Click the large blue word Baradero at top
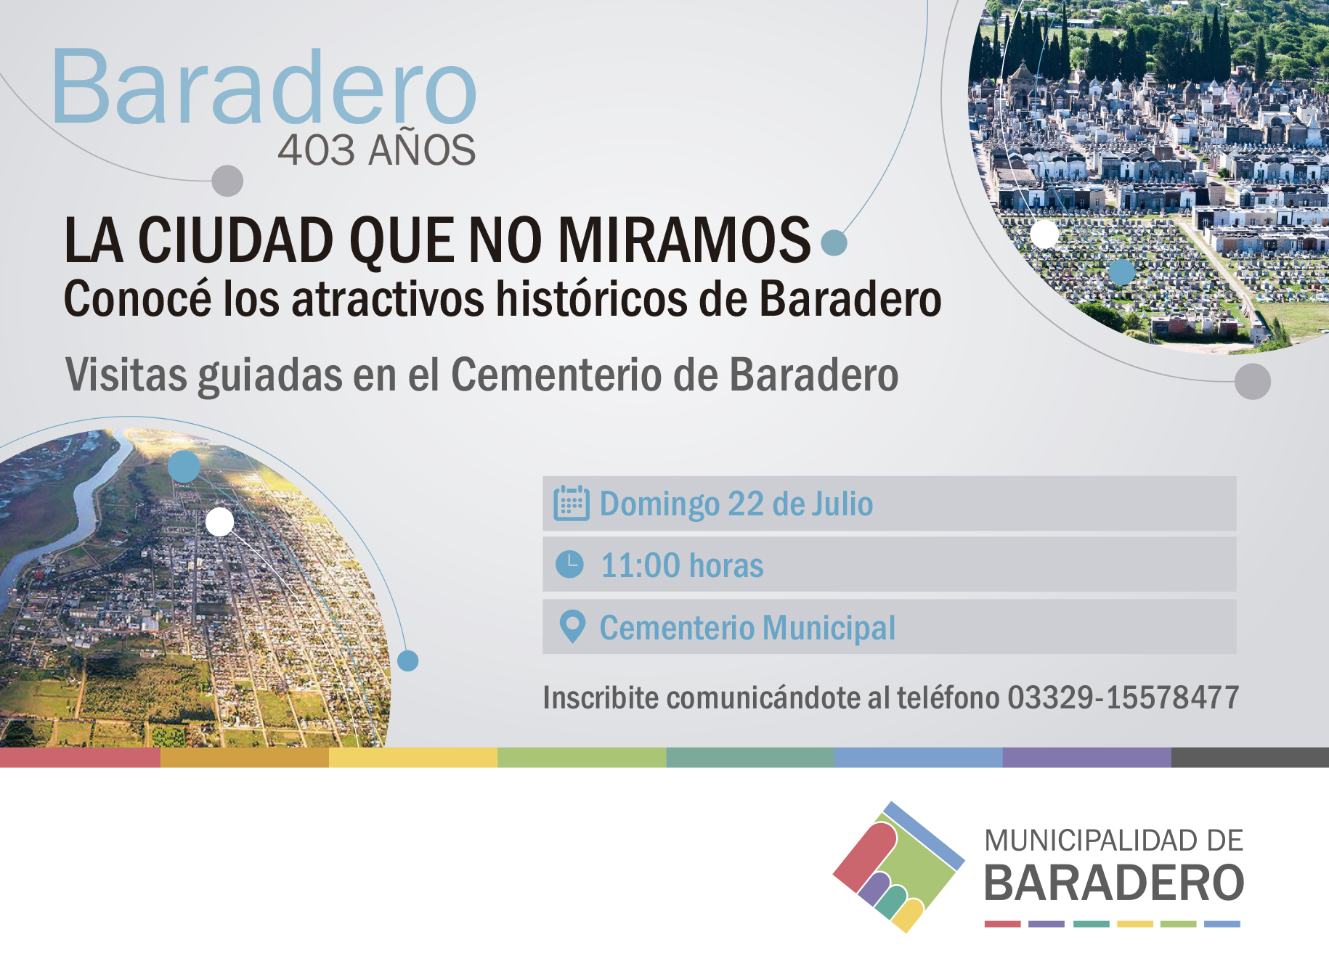point(264,86)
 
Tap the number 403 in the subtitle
point(315,150)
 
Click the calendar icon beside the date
point(572,503)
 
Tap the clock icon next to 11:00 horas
point(569,564)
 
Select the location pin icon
point(572,626)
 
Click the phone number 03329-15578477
point(1123,698)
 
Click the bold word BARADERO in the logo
point(1114,883)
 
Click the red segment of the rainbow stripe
point(80,757)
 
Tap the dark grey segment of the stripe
point(1250,757)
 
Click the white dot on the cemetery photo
point(1044,234)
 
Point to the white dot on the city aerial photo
point(219,521)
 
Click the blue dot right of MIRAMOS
point(834,242)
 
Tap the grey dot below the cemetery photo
point(1253,381)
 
